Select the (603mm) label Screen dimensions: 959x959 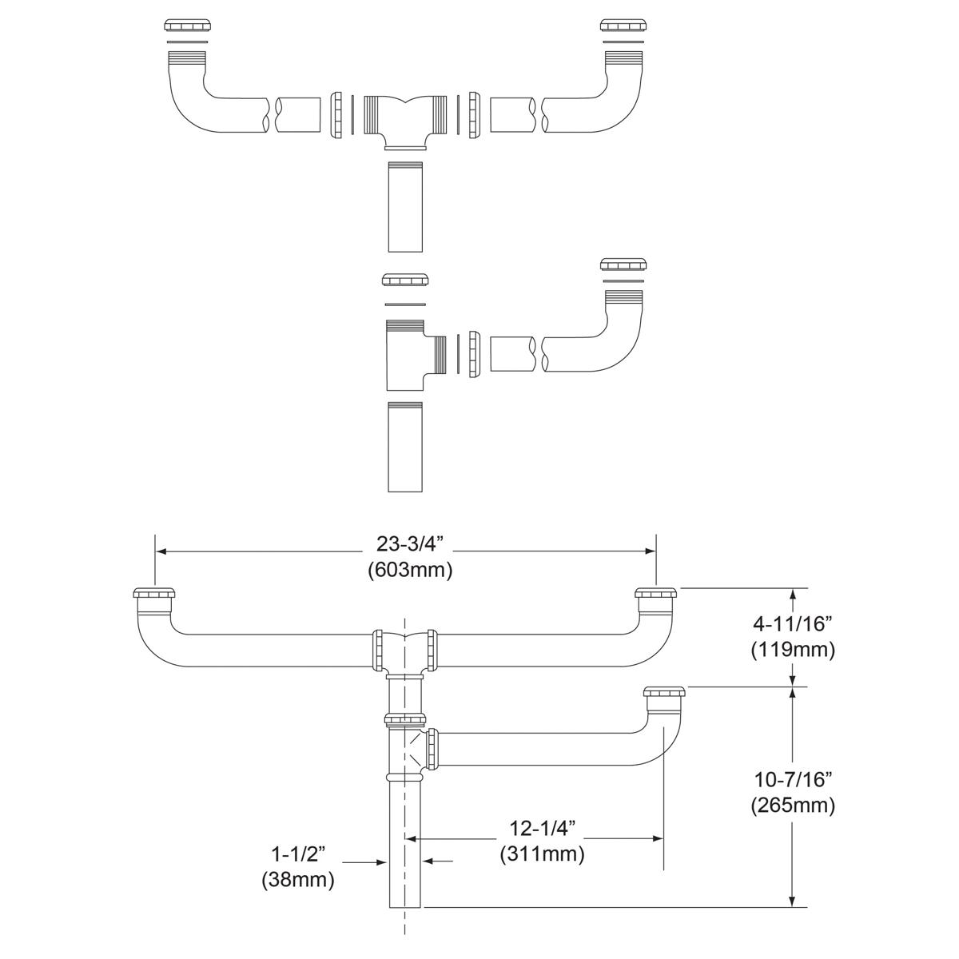pos(410,571)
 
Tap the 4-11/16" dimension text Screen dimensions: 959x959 pos(793,623)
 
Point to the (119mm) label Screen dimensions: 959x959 pos(793,650)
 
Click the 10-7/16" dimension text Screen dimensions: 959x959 pos(793,779)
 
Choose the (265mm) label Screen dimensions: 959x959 pos(793,805)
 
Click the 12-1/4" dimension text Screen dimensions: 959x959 pos(542,826)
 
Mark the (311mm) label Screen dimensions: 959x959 pos(542,854)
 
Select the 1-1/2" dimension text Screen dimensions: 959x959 pos(297,854)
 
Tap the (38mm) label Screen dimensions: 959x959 pos(297,881)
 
